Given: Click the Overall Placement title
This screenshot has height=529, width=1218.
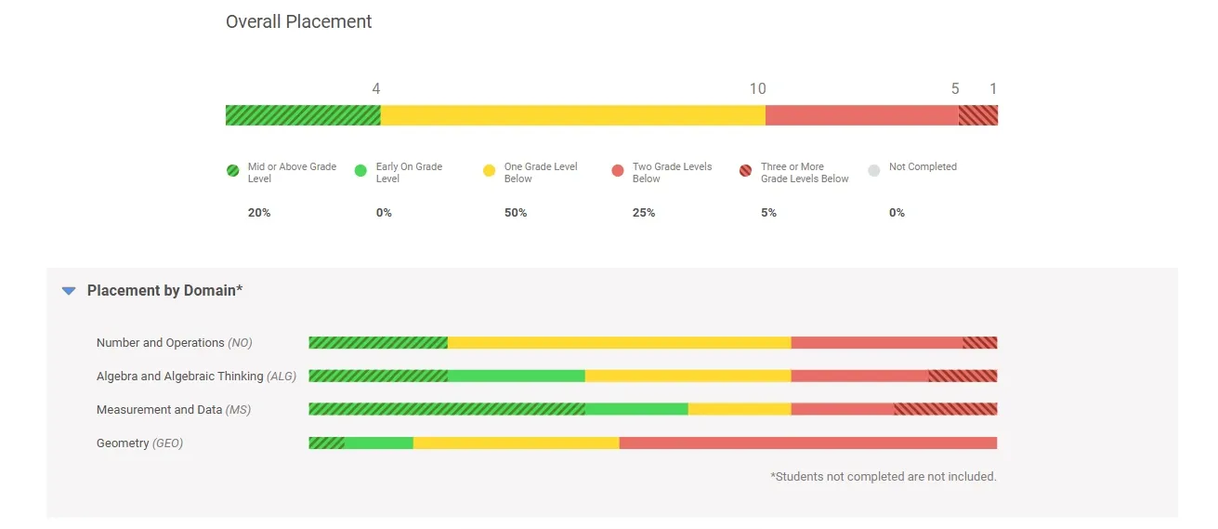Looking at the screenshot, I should click(298, 21).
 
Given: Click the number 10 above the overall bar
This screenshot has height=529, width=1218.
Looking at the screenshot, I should click(758, 89).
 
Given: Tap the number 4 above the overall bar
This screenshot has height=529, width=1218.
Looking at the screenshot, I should click(376, 89).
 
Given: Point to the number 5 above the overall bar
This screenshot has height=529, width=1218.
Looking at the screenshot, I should click(955, 89).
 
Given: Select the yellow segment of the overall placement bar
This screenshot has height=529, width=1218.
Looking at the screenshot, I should click(572, 115).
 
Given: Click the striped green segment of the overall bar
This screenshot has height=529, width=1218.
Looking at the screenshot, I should click(303, 115).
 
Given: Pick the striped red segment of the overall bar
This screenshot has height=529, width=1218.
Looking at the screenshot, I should click(977, 115).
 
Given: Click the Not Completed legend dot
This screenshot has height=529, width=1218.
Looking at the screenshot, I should click(874, 171).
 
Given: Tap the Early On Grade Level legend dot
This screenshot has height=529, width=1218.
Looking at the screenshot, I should click(361, 171).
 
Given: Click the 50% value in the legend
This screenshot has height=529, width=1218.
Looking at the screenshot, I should click(516, 213).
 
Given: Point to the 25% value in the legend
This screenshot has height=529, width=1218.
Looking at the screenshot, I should click(644, 213).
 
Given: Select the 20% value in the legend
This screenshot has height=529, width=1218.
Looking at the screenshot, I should click(259, 213).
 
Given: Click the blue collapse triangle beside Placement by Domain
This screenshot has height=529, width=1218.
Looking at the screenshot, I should click(69, 291).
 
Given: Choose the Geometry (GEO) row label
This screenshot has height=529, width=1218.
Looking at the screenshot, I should click(139, 443).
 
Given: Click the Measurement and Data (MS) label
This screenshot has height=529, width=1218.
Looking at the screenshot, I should click(174, 410).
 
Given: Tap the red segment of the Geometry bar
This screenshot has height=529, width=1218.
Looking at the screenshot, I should click(807, 443).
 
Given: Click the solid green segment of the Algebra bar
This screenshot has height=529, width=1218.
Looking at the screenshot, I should click(517, 377).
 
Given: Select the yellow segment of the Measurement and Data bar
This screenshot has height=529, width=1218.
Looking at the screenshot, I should click(740, 410).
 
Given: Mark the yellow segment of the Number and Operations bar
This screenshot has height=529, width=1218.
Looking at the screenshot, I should click(619, 343).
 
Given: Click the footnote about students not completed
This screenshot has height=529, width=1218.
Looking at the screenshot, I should click(883, 477).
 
